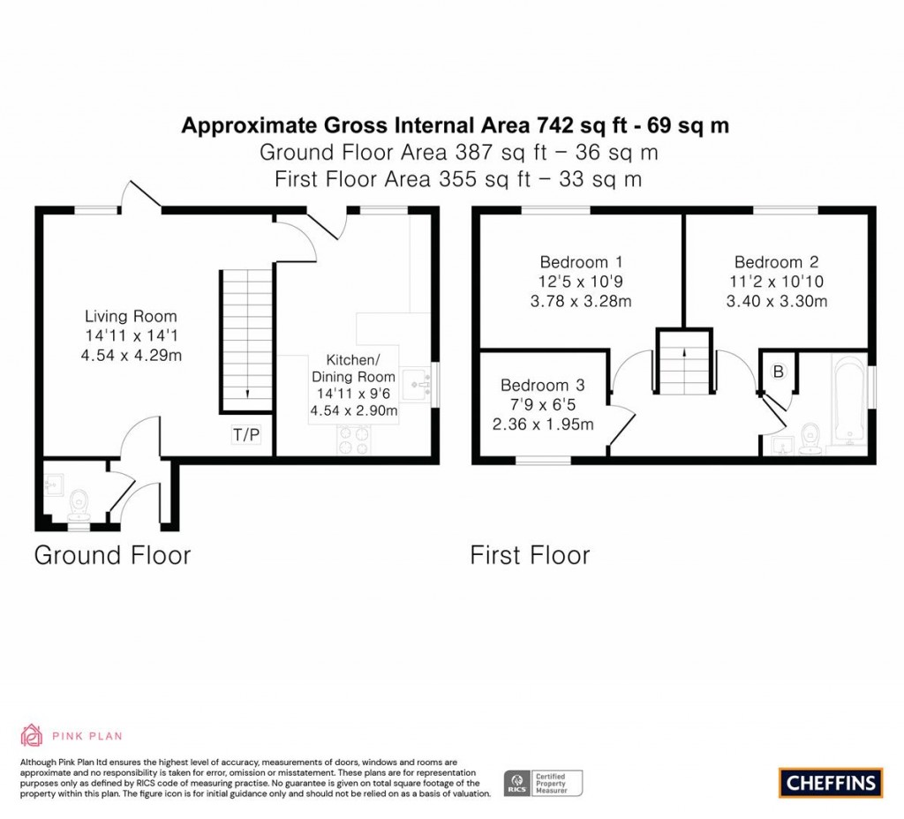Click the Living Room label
131,316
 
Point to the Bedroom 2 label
776,262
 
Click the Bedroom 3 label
542,386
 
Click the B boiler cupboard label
778,372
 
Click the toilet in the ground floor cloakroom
79,504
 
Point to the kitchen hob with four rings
353,440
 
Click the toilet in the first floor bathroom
810,437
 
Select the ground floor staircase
246,341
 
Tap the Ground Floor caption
112,555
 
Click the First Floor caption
530,555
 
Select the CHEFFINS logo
831,782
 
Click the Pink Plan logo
72,735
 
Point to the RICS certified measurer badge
543,783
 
